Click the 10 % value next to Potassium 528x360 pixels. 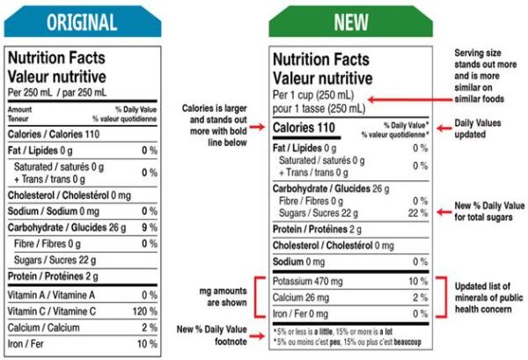417,283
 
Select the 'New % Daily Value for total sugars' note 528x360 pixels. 488,211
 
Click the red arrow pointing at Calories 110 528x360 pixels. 256,129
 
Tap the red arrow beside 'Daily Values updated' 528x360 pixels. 445,129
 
